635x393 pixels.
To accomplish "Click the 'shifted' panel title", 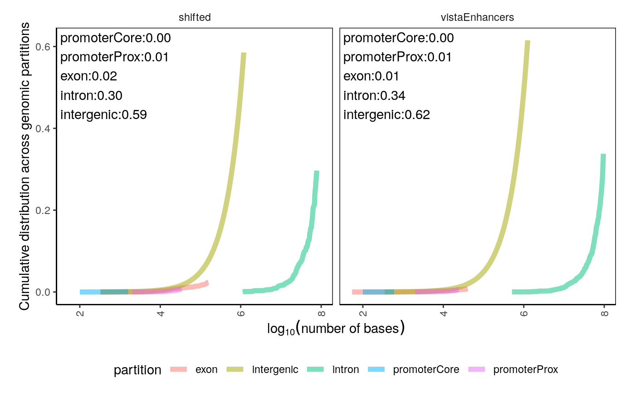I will [195, 17].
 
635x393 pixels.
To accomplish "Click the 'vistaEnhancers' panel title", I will [478, 17].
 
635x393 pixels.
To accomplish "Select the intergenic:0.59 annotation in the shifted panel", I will [103, 114].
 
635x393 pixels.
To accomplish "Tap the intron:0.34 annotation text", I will [374, 95].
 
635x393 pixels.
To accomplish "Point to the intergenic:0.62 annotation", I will [386, 114].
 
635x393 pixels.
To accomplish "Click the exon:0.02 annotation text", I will [88, 76].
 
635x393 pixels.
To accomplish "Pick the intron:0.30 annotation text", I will [91, 95].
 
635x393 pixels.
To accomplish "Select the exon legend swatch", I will [180, 369].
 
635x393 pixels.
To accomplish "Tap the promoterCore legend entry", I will [426, 369].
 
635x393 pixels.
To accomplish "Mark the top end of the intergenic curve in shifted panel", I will [244, 54].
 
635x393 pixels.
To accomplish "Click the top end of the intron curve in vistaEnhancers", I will [603, 155].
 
